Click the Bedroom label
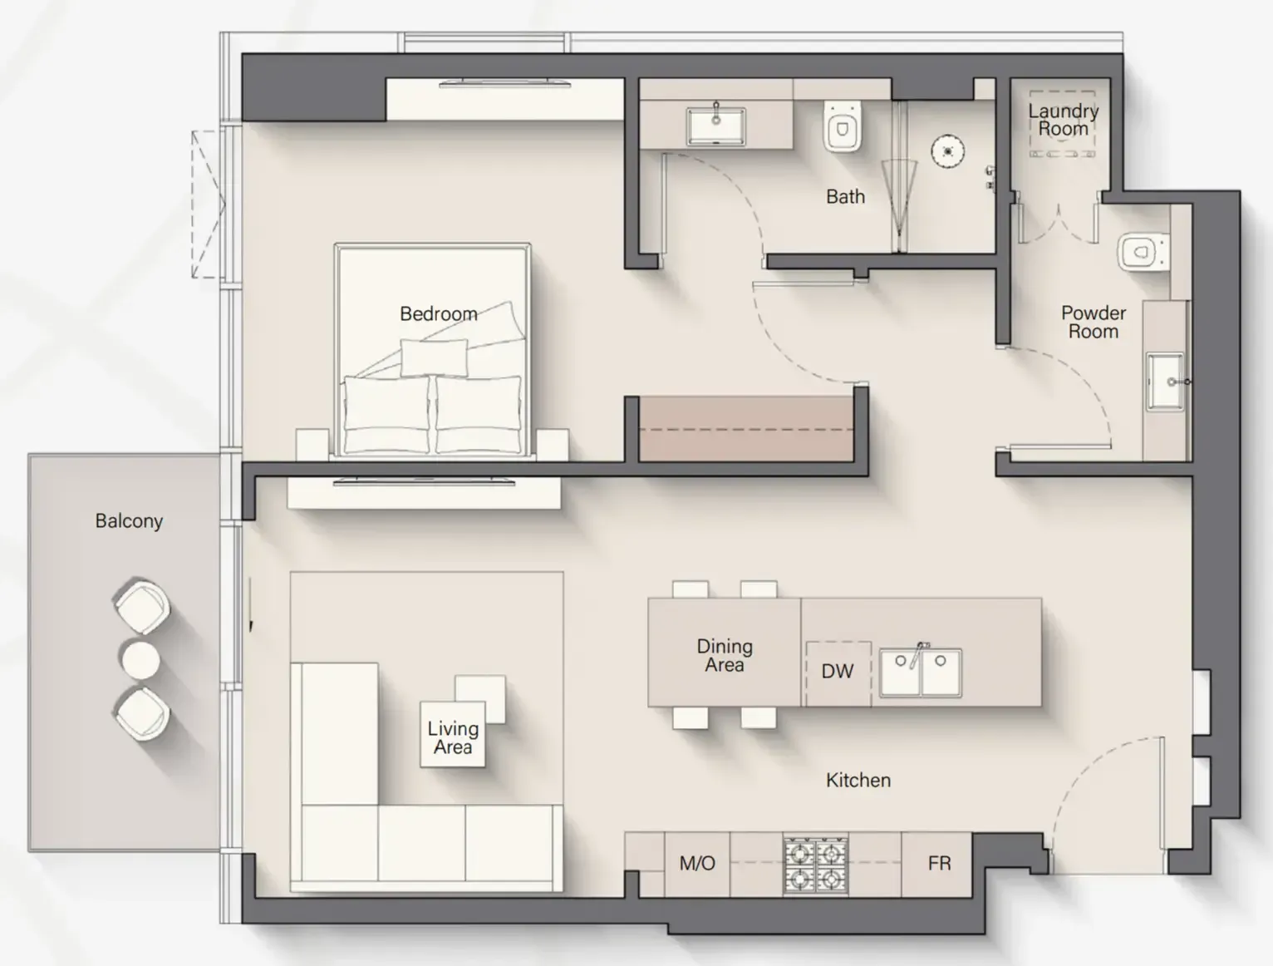coord(439,314)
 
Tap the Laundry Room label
coord(1063,120)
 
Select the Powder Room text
coord(1094,322)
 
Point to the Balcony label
coord(129,521)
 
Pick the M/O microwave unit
coord(697,864)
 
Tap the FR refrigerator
coord(938,864)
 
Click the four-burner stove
coord(816,865)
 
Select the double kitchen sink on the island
coord(921,673)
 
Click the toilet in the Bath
coord(842,126)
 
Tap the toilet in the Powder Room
coord(1143,253)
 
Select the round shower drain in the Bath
coord(947,151)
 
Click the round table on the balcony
coord(140,660)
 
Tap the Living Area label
coord(453,738)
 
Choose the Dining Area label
coord(725,656)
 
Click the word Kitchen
coord(858,781)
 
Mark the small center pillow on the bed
coord(434,357)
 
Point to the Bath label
coord(845,197)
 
